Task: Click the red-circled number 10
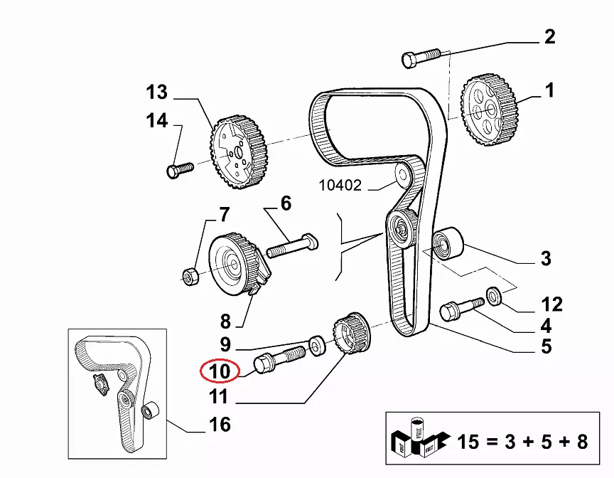coord(220,371)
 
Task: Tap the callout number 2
coord(549,36)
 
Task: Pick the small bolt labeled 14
coord(180,169)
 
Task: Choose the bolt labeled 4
coord(457,311)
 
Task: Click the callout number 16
coord(220,425)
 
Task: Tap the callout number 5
coord(546,346)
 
